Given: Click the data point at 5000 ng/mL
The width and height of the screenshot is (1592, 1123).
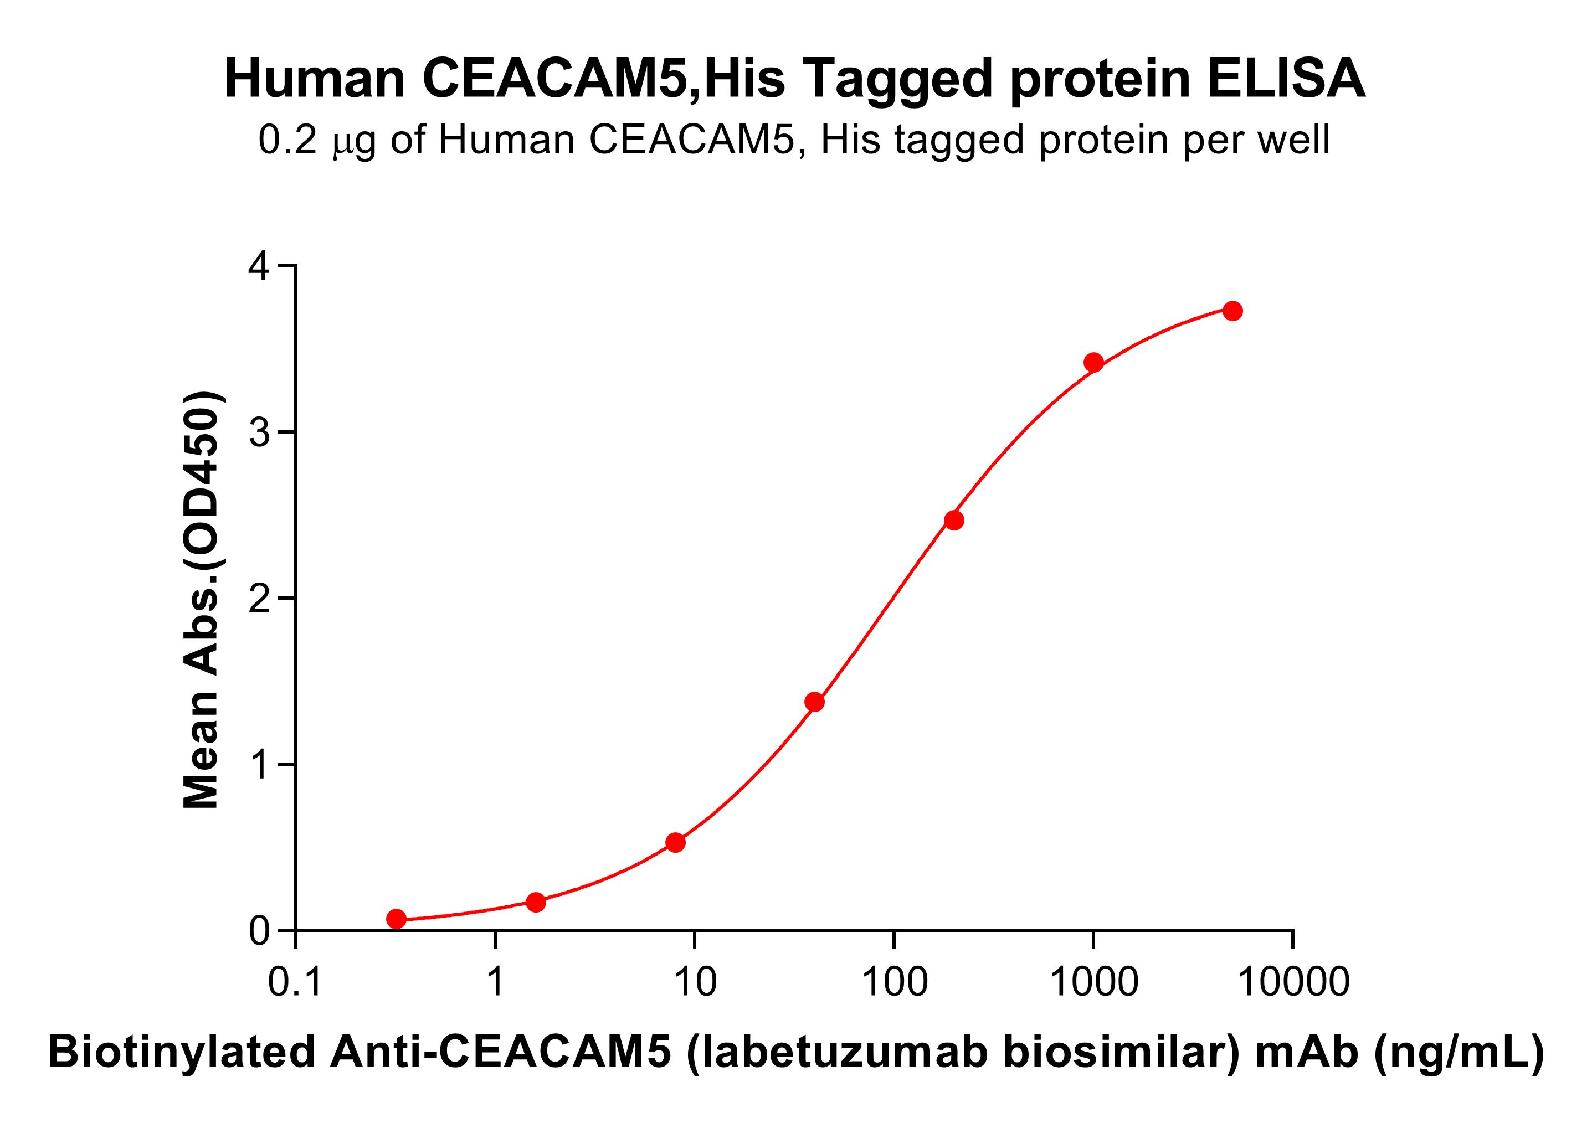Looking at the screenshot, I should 1232,311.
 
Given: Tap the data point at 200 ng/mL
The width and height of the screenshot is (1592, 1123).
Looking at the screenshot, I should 954,520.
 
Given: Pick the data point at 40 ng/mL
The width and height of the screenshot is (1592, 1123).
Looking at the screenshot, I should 815,702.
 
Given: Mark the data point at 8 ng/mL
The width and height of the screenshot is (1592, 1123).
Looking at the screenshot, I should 675,842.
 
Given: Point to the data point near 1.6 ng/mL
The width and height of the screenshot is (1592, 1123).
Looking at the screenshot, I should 536,902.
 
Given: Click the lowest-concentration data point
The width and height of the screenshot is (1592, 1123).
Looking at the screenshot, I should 397,919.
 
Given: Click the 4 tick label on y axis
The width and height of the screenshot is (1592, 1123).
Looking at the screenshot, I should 260,266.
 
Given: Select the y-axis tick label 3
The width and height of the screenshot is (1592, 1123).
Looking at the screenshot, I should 260,432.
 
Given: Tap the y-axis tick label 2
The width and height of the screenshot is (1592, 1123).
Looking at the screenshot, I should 260,598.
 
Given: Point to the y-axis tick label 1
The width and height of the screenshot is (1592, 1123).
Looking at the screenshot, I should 260,765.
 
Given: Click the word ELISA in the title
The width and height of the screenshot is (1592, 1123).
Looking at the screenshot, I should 1286,79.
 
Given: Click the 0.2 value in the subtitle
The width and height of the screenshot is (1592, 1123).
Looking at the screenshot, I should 287,140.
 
